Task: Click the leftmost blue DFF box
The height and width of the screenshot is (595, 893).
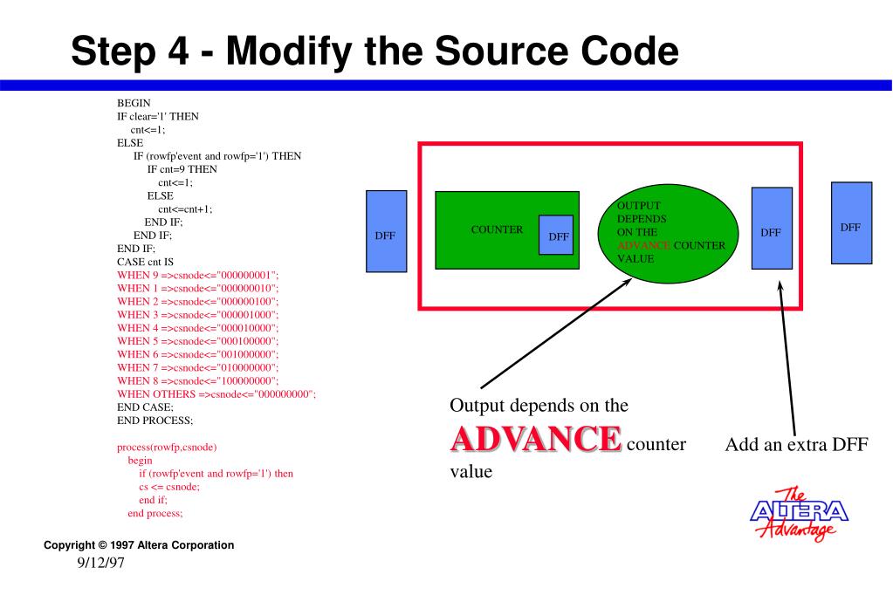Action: point(385,235)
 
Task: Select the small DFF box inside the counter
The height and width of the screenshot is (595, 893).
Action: point(556,236)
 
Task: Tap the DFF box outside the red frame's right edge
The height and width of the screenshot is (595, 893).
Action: point(850,222)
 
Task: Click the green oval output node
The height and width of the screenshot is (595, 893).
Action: point(666,230)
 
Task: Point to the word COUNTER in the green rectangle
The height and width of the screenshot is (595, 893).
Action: point(497,230)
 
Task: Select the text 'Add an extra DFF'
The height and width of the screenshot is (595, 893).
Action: point(795,444)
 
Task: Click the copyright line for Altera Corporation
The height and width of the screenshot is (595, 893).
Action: point(139,545)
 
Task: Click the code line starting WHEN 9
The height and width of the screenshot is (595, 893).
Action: point(197,275)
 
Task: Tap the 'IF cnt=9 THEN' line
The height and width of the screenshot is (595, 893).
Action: point(182,168)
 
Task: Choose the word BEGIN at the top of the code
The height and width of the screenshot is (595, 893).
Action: point(134,103)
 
